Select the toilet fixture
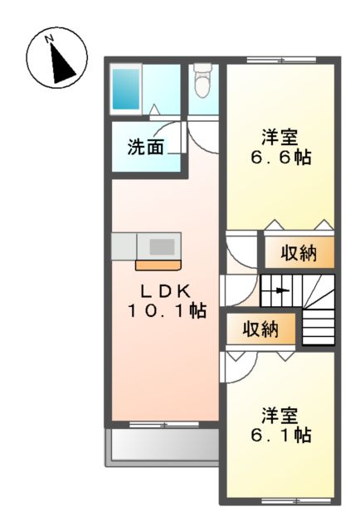pos(202,81)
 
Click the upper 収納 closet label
pos(297,254)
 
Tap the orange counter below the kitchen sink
pos(158,265)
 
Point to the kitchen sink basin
pos(162,246)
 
